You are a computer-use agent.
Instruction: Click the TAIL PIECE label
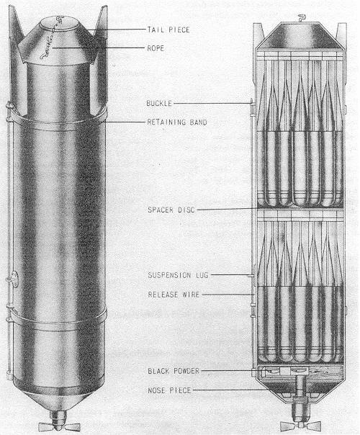click(x=168, y=30)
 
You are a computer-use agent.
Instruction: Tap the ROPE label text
click(x=156, y=48)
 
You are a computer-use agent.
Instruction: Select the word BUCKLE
click(x=159, y=104)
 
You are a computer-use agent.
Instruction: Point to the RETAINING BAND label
click(x=177, y=122)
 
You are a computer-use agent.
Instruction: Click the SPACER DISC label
click(x=171, y=210)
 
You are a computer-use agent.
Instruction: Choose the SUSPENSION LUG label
click(x=178, y=275)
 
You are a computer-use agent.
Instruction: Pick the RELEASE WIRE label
click(x=174, y=295)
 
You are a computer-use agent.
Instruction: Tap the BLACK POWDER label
click(x=174, y=371)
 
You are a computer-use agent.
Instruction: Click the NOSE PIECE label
click(x=169, y=390)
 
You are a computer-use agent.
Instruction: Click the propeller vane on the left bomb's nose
click(x=59, y=426)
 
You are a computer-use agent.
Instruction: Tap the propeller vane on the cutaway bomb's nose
click(x=300, y=426)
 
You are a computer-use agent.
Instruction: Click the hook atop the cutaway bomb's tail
click(x=301, y=19)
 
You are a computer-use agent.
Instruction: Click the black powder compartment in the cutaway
click(x=299, y=372)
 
